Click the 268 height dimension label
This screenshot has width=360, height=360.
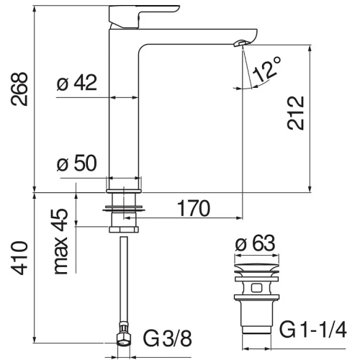pyautogui.click(x=19, y=89)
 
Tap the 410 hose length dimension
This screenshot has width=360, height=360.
pyautogui.click(x=19, y=258)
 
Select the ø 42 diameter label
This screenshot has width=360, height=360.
pyautogui.click(x=77, y=82)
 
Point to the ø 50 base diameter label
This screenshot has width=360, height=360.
pyautogui.click(x=77, y=163)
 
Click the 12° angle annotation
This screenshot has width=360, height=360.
pyautogui.click(x=267, y=69)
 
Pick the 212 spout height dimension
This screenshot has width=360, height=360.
pyautogui.click(x=296, y=113)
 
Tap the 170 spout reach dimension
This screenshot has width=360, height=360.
pyautogui.click(x=194, y=208)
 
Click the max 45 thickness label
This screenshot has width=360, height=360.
pyautogui.click(x=60, y=241)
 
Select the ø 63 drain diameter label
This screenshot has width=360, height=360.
pyautogui.click(x=255, y=243)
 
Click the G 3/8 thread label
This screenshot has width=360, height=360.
pyautogui.click(x=168, y=338)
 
